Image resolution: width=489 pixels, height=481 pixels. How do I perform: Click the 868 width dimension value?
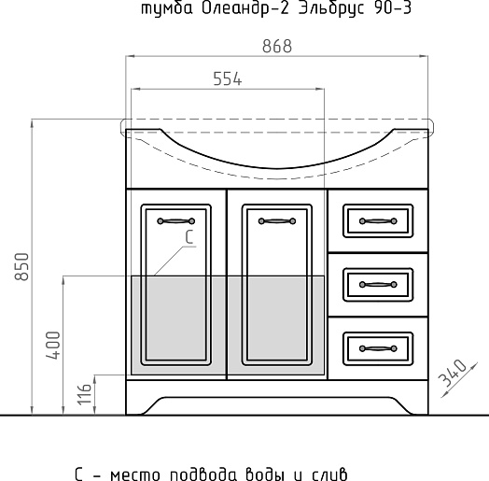277,46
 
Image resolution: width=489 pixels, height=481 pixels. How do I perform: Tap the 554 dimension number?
228,79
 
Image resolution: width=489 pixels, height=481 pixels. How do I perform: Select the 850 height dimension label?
22,267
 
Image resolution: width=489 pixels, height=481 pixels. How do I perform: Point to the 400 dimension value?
53,346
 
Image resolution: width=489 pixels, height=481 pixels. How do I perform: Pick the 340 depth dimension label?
453,373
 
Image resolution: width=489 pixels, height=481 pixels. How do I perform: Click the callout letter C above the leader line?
189,237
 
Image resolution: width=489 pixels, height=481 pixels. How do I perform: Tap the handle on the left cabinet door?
175,221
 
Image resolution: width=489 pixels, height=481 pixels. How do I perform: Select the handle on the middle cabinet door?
277,221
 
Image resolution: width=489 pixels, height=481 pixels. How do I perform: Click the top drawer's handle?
378,221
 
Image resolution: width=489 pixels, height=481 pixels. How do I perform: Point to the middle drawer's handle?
378,285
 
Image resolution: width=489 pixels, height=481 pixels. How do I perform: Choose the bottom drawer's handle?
378,348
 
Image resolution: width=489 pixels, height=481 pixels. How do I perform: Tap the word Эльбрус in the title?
331,9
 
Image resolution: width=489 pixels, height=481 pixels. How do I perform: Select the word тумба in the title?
167,8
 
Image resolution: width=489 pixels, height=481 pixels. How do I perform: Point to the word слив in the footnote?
329,474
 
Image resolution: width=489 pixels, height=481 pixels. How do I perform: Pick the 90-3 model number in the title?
392,8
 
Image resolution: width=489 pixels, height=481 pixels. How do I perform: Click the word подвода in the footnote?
203,474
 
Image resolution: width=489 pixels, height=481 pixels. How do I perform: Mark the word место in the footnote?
135,474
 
